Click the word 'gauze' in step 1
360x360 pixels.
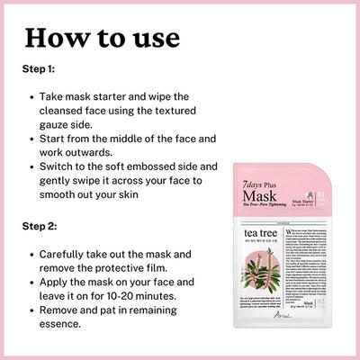(x=60, y=127)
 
